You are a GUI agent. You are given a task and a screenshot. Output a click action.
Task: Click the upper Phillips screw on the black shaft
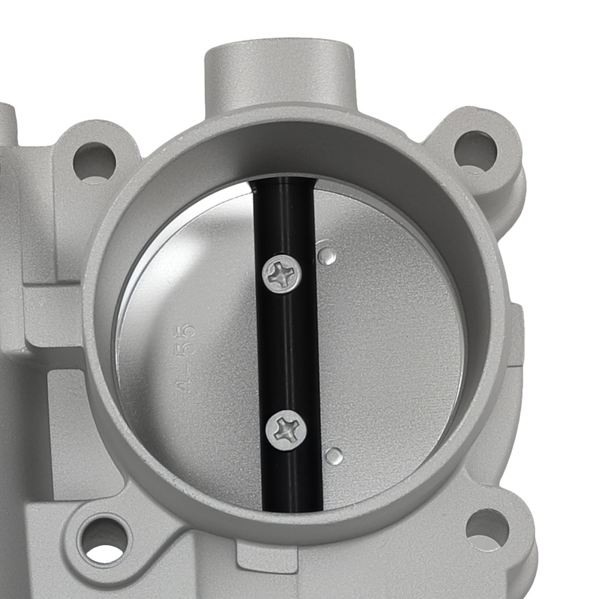[x=282, y=274]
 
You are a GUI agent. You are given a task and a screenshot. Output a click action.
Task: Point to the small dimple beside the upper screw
[x=326, y=257]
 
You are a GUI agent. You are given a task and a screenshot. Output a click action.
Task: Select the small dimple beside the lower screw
[x=334, y=455]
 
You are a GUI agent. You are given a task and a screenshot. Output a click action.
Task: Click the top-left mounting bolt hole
[x=93, y=161]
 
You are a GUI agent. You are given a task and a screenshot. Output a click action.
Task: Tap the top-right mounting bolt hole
[x=475, y=149]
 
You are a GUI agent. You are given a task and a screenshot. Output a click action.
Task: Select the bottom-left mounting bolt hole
[x=105, y=538]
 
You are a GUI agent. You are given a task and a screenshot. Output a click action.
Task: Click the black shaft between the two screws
[x=286, y=353]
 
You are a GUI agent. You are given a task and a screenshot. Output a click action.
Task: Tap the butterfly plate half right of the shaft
[x=389, y=347]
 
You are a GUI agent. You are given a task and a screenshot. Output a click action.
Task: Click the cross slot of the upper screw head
[x=282, y=274]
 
